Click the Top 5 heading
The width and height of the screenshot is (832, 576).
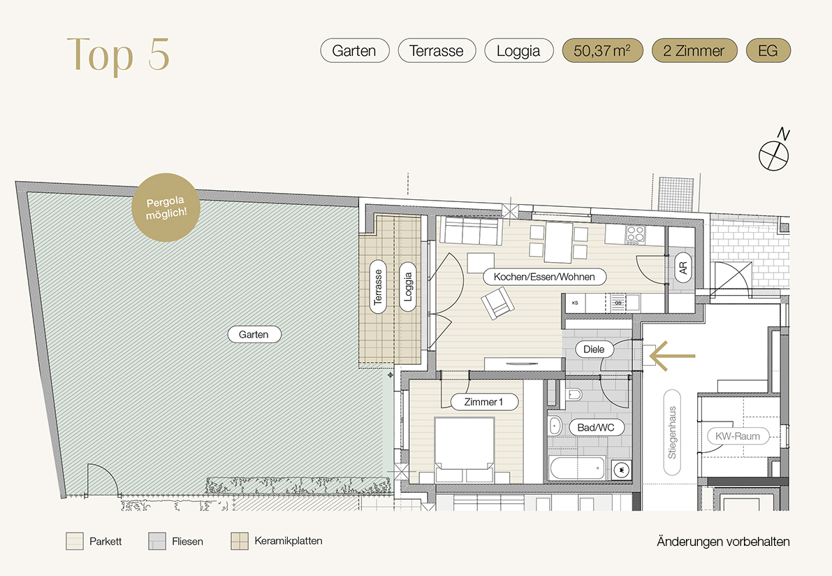pos(118,54)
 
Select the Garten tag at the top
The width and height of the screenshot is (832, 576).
pos(354,51)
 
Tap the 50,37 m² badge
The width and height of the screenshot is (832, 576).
pos(602,51)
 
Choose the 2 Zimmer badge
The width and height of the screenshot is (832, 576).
pos(694,51)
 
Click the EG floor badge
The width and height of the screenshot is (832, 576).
pos(768,51)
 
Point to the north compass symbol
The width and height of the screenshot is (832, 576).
pos(774,151)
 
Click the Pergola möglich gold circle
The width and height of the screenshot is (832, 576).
pos(166,208)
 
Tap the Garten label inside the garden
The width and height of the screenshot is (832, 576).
pos(254,334)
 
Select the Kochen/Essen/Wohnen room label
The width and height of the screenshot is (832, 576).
pos(544,277)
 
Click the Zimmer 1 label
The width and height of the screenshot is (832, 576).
pos(484,402)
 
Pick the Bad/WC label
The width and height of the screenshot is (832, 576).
pos(596,427)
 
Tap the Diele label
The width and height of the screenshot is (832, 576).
pos(594,350)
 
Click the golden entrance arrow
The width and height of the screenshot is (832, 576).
pos(672,355)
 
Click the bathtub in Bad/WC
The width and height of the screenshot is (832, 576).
pos(578,468)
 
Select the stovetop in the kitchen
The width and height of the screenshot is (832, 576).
pos(635,234)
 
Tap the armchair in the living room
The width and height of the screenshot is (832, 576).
pos(497,303)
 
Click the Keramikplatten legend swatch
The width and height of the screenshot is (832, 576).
pos(240,542)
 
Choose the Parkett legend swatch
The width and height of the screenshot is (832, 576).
pos(75,542)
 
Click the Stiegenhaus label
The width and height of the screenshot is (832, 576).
pos(672,433)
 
